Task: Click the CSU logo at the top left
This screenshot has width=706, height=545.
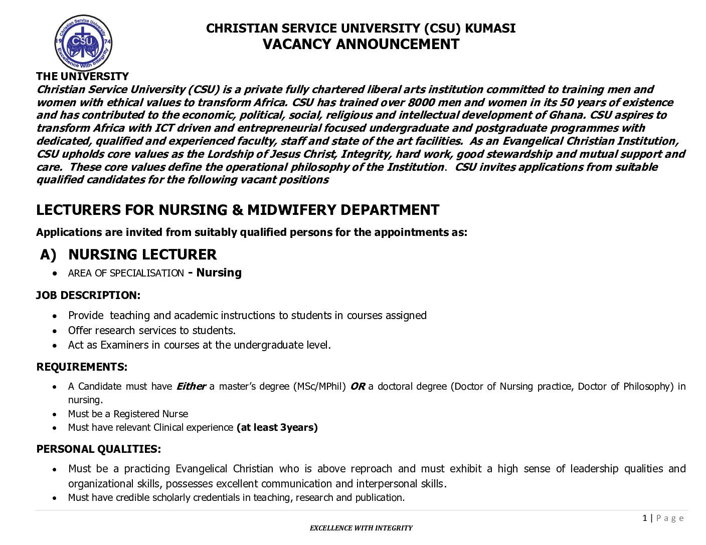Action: click(83, 43)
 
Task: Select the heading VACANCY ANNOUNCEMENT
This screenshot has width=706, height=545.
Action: click(361, 45)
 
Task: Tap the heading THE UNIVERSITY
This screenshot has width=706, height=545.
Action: click(82, 76)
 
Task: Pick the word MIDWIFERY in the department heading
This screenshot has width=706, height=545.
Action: click(292, 210)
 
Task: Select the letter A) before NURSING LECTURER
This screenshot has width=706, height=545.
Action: click(48, 255)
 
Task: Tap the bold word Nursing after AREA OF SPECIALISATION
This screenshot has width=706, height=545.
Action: click(219, 272)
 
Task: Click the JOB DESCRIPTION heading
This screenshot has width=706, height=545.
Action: click(88, 296)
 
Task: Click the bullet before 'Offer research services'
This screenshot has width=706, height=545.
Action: click(55, 331)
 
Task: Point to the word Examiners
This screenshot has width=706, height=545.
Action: click(124, 345)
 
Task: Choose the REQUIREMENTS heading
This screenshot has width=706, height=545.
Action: click(82, 367)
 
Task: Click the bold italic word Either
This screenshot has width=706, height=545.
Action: click(191, 387)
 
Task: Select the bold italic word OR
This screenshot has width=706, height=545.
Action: click(357, 387)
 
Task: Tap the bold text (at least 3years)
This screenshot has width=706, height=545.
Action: click(277, 428)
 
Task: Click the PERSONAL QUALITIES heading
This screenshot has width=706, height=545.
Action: click(98, 449)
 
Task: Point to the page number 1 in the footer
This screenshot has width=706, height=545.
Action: click(645, 518)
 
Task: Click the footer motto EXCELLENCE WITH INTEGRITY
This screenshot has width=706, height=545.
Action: click(361, 528)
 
